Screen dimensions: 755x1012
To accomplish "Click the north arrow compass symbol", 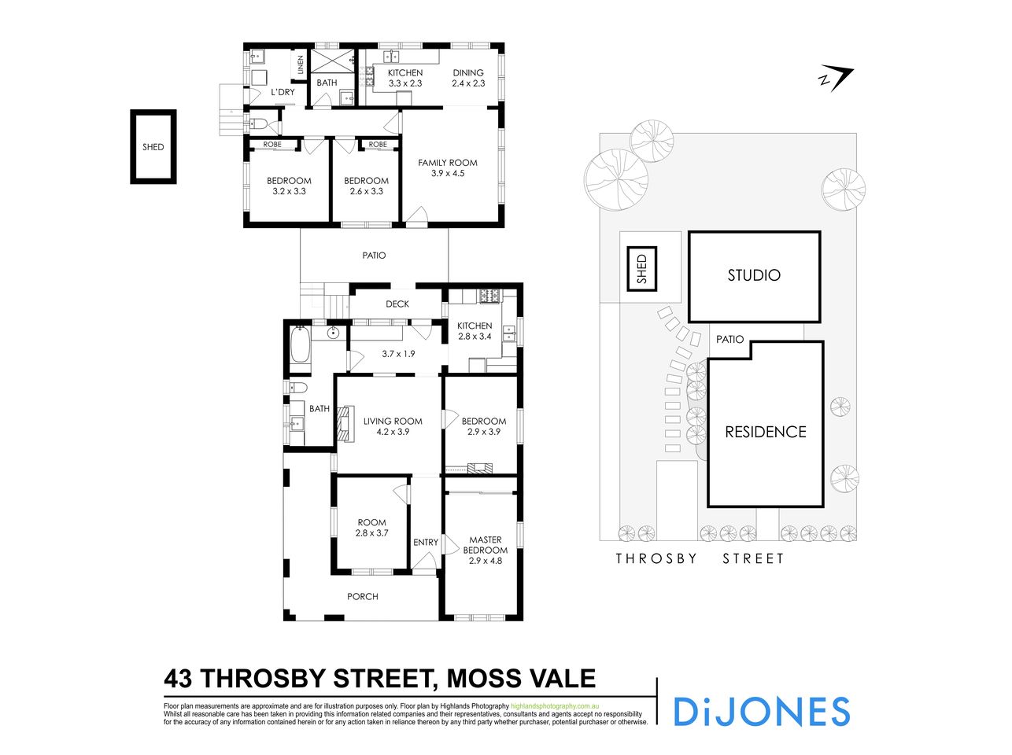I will (835, 79).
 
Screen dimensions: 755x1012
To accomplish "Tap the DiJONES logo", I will (761, 711).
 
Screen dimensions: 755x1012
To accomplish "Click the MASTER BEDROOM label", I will (485, 545).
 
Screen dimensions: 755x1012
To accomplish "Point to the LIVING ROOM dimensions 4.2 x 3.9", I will (393, 432).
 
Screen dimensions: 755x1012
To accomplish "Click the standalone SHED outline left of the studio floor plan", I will (153, 147).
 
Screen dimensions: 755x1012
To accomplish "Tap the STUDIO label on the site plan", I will (754, 275).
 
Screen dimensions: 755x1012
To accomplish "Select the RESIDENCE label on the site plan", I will (765, 432).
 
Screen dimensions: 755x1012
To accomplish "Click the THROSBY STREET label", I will (700, 558).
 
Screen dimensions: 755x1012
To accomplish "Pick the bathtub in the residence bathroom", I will (300, 347).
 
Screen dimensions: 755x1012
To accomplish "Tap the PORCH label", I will (363, 596).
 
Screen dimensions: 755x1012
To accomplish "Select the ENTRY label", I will (426, 542).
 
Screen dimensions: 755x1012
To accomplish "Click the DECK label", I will (397, 304).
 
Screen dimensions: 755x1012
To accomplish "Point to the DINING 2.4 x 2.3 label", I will (468, 78).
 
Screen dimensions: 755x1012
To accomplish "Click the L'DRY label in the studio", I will (283, 92).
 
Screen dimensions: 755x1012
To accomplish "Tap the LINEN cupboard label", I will (301, 65).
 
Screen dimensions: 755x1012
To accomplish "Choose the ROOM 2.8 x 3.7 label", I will (371, 527).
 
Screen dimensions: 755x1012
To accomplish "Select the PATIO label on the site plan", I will (729, 339).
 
